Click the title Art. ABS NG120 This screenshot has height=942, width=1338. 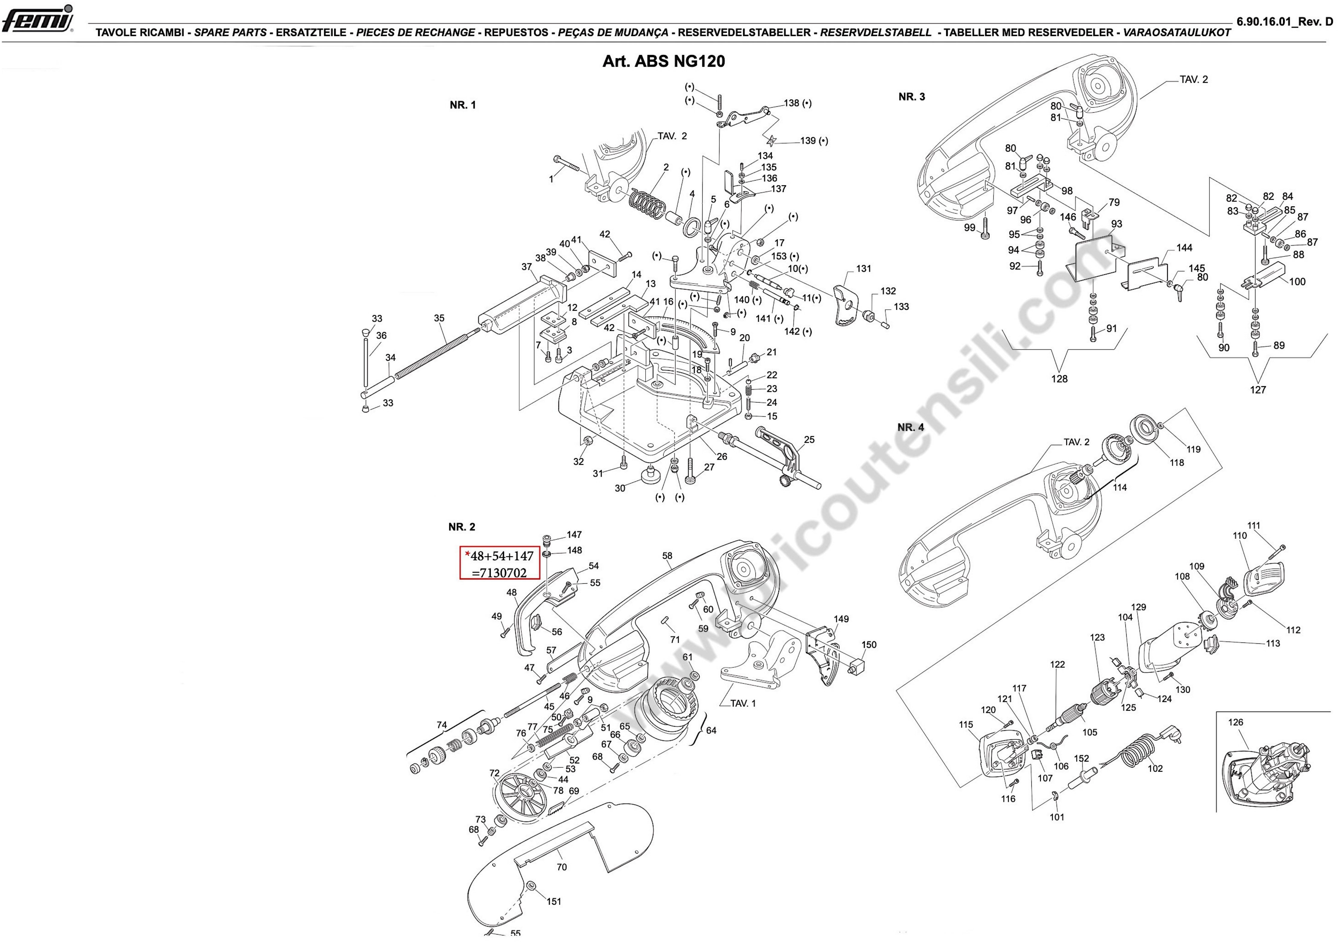tap(664, 61)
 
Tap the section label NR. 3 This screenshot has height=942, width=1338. tap(911, 97)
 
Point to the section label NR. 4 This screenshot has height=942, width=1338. tap(910, 427)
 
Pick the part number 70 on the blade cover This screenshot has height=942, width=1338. tap(561, 867)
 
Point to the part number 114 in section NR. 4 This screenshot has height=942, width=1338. tap(1119, 487)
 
